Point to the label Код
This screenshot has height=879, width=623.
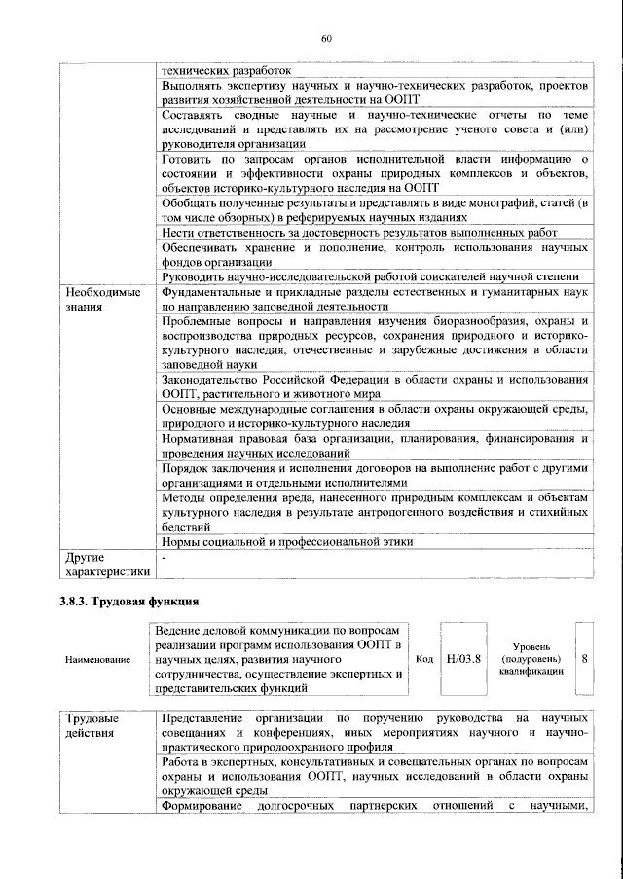424,659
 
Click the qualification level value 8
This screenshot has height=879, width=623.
584,659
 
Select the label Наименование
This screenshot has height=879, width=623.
97,660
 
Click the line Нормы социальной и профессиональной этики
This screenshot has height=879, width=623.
286,541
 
